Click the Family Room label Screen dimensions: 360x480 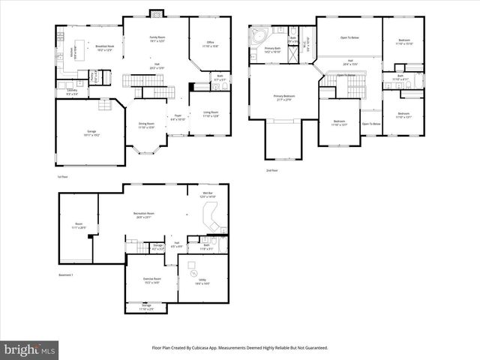[157, 37]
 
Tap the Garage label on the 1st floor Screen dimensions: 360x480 [91, 133]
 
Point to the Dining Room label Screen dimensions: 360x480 [145, 125]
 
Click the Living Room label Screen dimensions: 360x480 [211, 114]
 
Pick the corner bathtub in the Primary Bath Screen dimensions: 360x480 [259, 36]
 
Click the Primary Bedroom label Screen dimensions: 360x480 [283, 97]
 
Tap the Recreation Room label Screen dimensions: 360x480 [144, 215]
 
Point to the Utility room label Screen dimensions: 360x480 [202, 283]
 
